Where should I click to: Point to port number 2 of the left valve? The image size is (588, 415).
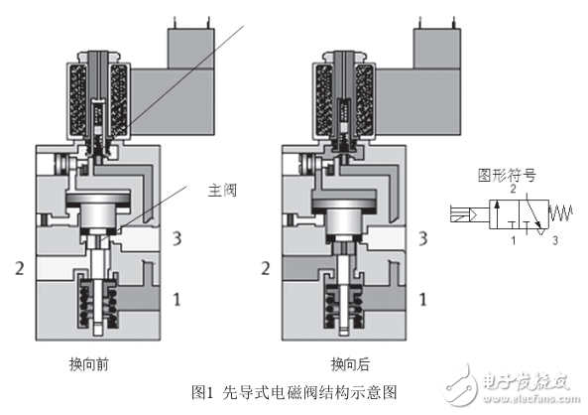(x=18, y=267)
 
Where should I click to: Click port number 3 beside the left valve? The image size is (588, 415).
(x=176, y=238)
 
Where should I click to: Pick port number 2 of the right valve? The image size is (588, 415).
(x=264, y=267)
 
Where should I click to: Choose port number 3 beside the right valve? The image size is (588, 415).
(x=423, y=238)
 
